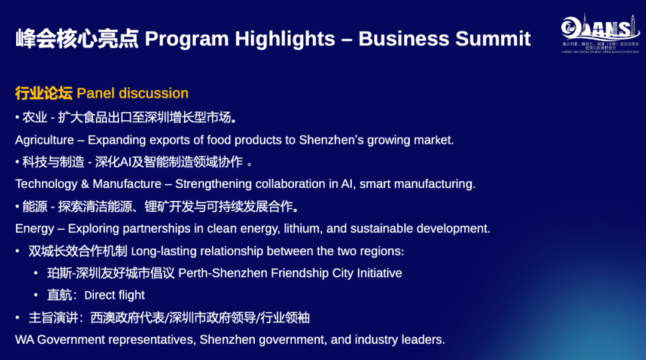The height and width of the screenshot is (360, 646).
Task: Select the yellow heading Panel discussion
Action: point(132,93)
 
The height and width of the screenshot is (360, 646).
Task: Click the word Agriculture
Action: point(44,140)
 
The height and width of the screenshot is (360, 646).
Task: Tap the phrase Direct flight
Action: point(114,295)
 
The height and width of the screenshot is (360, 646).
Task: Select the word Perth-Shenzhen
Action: point(223,273)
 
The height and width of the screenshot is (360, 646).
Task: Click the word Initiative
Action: point(379,273)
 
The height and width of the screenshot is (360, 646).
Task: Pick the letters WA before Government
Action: point(24,340)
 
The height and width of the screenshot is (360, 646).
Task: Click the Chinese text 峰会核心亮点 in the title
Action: point(77,39)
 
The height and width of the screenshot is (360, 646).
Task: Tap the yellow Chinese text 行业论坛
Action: point(44,93)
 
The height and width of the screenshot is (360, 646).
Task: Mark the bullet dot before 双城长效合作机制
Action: point(17,251)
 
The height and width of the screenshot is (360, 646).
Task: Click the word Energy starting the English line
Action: point(35,228)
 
